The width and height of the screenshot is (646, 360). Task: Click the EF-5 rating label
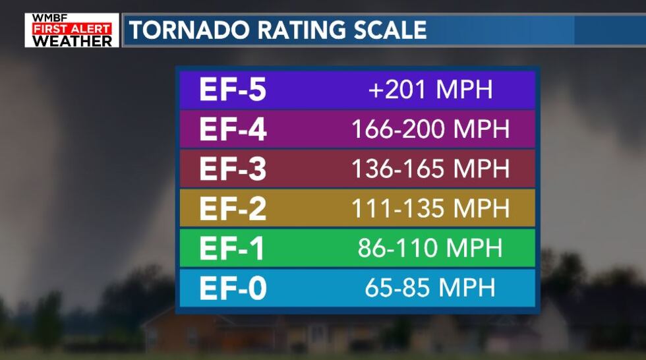click(x=233, y=90)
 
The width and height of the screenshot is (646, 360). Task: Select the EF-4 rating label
click(x=233, y=130)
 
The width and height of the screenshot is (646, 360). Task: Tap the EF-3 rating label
click(x=233, y=169)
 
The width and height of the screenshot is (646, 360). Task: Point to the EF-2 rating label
click(x=233, y=209)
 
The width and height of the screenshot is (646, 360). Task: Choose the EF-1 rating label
click(x=233, y=249)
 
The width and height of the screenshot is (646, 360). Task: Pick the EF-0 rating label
click(x=233, y=288)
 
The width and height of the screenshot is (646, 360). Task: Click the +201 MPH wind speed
click(x=430, y=90)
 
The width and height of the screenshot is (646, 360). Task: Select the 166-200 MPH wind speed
click(x=430, y=129)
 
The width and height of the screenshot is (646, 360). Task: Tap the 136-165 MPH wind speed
click(x=430, y=169)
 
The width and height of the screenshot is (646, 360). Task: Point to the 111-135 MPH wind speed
click(x=430, y=208)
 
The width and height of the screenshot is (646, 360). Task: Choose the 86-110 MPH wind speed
click(x=430, y=248)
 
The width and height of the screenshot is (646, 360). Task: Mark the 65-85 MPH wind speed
click(x=430, y=287)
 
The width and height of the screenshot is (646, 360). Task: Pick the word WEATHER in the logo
click(x=72, y=41)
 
